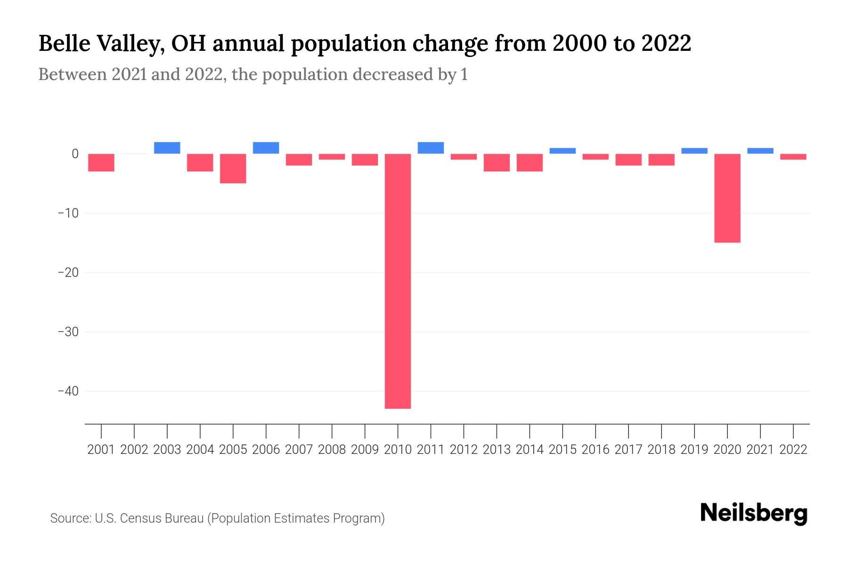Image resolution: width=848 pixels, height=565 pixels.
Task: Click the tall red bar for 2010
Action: coord(398,281)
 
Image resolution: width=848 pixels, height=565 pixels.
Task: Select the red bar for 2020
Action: coord(727,198)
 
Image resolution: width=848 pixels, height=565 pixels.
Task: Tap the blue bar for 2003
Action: coord(167,148)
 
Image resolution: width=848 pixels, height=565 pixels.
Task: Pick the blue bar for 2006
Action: coord(266,148)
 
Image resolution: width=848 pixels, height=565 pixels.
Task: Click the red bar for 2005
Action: coord(233,168)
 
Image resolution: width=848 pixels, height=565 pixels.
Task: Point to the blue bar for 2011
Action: coord(431,148)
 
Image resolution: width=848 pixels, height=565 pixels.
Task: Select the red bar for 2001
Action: coord(101,162)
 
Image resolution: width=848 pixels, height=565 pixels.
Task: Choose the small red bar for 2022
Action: coord(793,157)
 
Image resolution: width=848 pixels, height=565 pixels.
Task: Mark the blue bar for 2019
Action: coord(694,151)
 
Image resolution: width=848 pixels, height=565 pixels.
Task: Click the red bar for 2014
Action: coord(530,162)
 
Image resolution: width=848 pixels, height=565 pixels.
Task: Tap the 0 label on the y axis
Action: coord(75,154)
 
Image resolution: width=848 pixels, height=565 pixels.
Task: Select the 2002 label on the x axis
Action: coord(134,450)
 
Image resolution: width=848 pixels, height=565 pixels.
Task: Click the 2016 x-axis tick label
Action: coord(595,450)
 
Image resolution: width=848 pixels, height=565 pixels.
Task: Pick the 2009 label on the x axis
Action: coord(365,450)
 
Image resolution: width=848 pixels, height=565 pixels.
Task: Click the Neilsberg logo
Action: coord(754,514)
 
